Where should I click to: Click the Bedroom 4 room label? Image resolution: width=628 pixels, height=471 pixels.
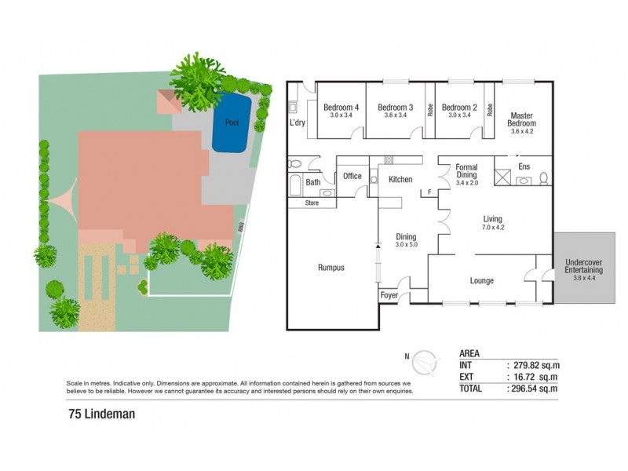341,108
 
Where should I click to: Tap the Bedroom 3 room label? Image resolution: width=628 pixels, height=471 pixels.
395,108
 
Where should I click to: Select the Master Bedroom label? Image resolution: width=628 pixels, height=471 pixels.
521,119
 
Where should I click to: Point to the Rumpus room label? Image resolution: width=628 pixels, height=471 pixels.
331,268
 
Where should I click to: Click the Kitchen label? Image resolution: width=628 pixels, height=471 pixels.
400,180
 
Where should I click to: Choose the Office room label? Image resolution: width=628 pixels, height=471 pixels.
352,176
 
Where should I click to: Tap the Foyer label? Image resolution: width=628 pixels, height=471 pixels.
389,296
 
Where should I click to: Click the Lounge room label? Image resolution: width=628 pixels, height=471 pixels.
481,280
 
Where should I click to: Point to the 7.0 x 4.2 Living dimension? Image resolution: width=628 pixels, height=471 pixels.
492,228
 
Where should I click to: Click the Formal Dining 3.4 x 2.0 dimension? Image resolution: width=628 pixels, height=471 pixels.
466,183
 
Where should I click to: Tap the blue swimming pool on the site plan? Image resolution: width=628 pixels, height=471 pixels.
232,123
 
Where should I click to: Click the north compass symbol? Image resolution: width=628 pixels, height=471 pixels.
425,361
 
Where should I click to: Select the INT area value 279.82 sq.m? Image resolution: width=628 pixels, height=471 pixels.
534,365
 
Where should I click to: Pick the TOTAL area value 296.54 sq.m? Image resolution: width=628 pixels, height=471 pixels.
534,388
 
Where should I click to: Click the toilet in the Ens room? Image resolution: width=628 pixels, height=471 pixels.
542,179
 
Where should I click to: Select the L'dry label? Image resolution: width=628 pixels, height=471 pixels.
297,123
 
